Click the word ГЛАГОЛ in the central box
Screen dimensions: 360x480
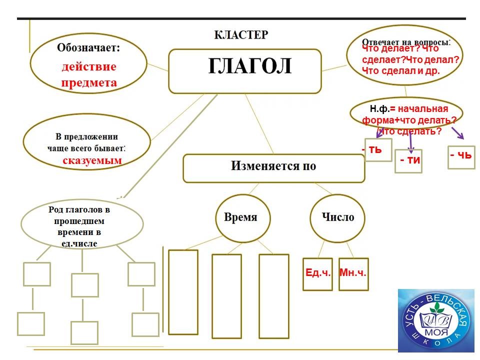[249, 67]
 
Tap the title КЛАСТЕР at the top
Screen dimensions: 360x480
[241, 34]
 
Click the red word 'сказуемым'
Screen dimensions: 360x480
[92, 160]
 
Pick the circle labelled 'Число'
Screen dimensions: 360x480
[338, 217]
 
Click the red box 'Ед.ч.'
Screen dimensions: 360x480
[318, 273]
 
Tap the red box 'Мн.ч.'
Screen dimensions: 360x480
[353, 273]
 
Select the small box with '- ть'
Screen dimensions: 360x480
[378, 149]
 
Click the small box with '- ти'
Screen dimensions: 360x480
[408, 161]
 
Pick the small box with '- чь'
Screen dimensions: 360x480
[460, 156]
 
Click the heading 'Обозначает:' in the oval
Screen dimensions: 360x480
[88, 48]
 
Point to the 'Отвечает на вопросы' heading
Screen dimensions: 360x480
[405, 41]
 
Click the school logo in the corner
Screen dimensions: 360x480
[436, 320]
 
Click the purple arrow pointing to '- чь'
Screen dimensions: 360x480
[457, 133]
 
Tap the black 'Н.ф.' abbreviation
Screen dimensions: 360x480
[379, 108]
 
